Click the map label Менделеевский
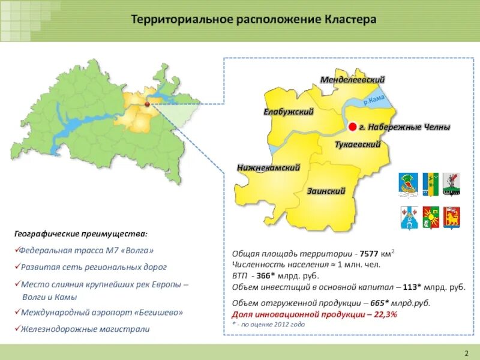[352, 80]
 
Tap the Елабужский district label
[289, 112]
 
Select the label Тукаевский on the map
[358, 145]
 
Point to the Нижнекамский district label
[268, 168]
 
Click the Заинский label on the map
[326, 191]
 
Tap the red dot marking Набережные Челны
[352, 127]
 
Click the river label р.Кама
[373, 101]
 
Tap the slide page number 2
[466, 352]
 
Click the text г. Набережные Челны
[404, 127]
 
